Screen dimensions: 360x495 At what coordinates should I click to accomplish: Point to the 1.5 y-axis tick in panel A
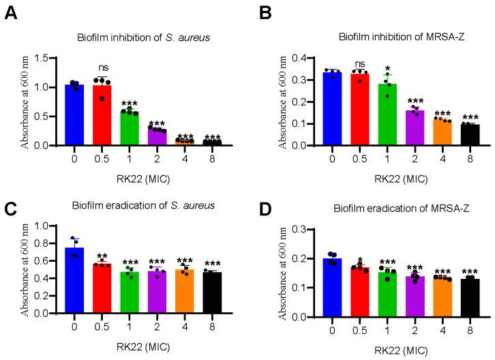click(x=44, y=58)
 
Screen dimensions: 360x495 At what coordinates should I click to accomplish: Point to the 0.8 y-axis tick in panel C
click(x=44, y=243)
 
